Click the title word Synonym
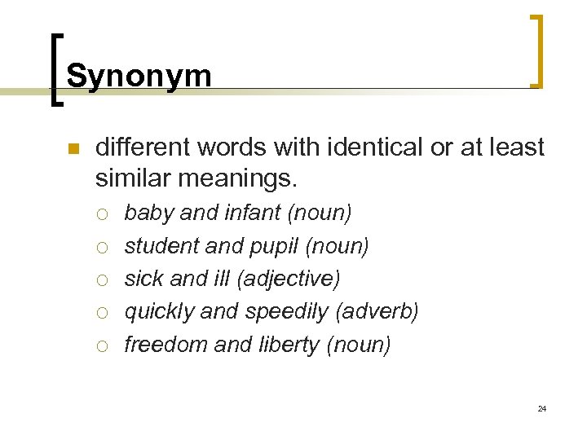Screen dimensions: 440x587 tap(139, 76)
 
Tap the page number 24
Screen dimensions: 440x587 tap(542, 408)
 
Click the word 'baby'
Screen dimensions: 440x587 tap(149, 213)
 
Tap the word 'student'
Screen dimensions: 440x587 tap(157, 246)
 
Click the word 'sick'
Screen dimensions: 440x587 tap(144, 279)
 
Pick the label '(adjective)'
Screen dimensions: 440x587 tap(289, 279)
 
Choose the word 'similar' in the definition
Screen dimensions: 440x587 tap(131, 177)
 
